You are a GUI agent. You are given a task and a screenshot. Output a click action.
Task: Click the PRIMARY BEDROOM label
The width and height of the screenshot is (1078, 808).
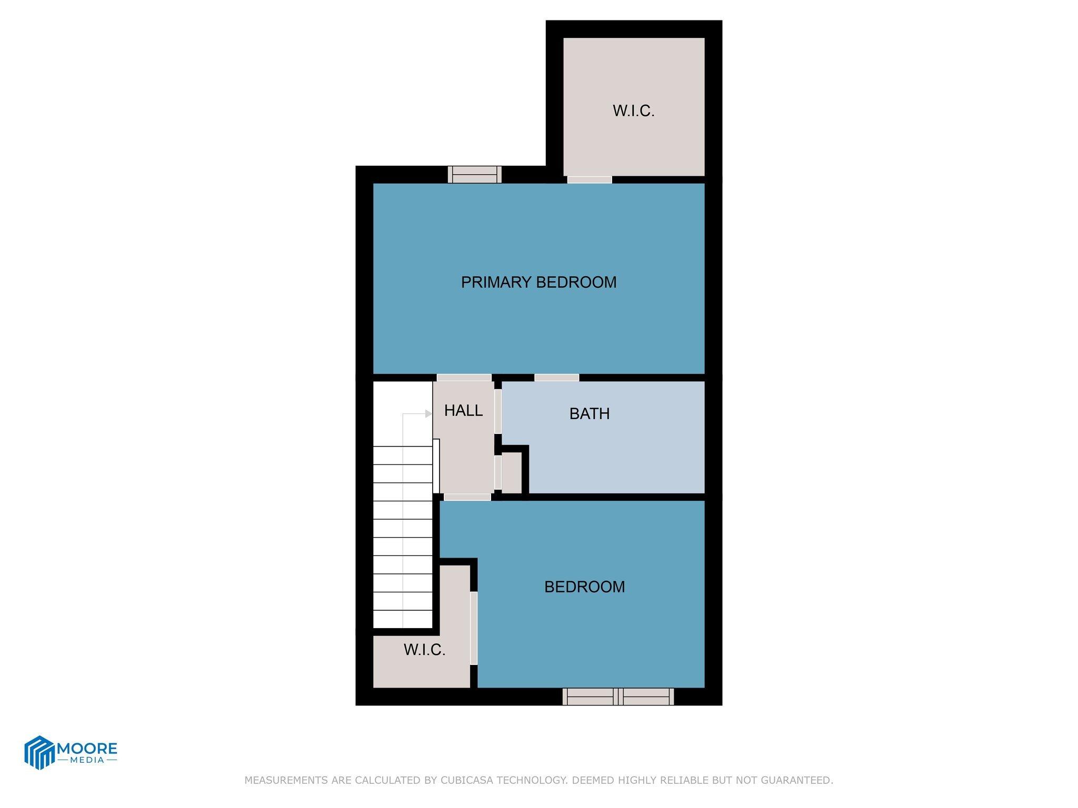click(538, 282)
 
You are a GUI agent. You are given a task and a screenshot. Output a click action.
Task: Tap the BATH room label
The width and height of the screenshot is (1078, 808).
click(590, 414)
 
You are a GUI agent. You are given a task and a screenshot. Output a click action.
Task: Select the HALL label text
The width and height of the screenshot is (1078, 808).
click(463, 411)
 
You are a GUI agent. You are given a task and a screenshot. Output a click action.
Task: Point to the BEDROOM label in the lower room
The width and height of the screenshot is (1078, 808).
click(584, 587)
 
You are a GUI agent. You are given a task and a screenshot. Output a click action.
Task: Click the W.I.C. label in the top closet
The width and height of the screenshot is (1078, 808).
click(633, 111)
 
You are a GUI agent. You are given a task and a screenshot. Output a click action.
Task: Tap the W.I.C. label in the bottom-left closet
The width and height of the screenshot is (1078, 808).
click(424, 650)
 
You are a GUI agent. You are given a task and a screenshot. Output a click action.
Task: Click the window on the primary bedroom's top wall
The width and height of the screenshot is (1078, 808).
click(474, 175)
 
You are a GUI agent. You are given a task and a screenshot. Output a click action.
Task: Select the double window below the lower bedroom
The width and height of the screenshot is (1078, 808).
click(618, 696)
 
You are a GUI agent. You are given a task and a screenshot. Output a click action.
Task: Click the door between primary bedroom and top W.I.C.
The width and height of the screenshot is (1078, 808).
click(590, 180)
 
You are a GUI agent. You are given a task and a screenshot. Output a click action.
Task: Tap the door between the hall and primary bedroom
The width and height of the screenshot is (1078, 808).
click(464, 378)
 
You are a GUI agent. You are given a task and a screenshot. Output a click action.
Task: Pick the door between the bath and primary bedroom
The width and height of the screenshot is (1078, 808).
click(556, 378)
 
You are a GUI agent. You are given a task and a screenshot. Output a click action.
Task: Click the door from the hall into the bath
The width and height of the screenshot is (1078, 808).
click(497, 411)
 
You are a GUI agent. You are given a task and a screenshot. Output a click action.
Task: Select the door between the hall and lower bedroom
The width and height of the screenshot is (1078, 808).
click(467, 497)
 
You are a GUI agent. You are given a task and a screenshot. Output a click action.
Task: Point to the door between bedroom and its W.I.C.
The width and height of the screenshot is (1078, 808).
click(473, 628)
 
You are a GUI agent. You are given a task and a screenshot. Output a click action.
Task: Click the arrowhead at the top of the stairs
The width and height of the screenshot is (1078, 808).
click(428, 414)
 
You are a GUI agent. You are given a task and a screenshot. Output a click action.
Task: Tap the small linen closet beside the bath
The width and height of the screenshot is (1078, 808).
click(511, 472)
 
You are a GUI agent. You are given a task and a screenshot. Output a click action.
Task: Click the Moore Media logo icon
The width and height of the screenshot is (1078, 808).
click(39, 752)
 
